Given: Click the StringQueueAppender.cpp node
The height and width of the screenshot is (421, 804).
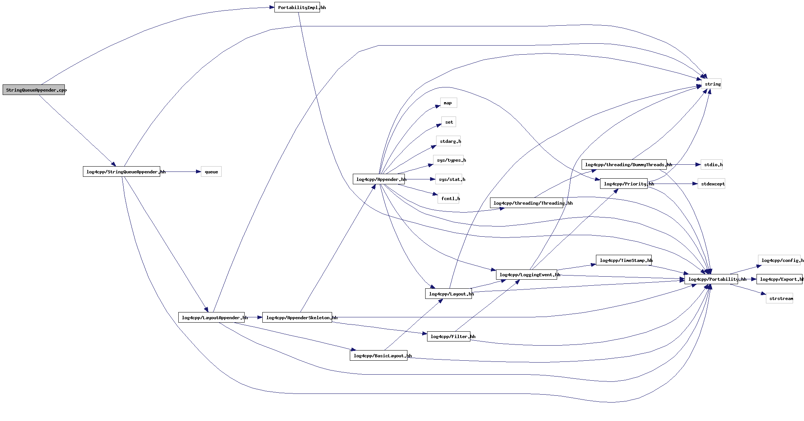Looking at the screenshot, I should tap(34, 90).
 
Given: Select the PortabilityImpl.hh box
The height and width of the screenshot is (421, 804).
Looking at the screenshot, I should tap(297, 8).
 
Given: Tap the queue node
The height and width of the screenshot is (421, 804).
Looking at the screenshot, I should tap(211, 172).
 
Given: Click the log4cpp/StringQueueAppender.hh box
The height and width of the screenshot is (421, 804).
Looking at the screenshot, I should tap(121, 172).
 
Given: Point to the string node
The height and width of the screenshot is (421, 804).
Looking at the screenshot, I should tap(712, 84).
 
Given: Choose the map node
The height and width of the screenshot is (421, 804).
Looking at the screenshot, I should tap(448, 103).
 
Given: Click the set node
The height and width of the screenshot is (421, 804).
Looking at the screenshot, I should tap(449, 122).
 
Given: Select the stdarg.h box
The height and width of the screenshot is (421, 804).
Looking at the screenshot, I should tap(448, 141).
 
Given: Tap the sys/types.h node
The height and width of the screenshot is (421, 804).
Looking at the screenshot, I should tap(449, 160).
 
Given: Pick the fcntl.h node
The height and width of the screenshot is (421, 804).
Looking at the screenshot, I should tap(448, 199).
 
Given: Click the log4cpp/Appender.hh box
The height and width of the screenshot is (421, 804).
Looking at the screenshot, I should tap(379, 179).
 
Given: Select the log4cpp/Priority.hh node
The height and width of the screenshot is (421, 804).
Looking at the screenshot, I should tap(623, 184).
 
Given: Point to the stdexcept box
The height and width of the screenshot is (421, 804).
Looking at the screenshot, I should tap(711, 184).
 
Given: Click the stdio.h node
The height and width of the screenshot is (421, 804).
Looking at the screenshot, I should tap(712, 165).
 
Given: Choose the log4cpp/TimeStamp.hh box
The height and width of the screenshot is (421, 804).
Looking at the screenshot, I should tap(623, 260).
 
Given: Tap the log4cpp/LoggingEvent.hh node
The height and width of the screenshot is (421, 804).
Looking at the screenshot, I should tap(527, 275).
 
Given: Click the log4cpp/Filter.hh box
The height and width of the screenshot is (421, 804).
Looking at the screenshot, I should tap(449, 337).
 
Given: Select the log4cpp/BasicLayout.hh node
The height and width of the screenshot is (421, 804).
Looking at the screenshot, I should tap(378, 356).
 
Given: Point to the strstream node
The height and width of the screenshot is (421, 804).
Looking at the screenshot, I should tap(779, 299).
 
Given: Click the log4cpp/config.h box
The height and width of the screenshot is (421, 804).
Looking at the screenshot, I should tap(779, 260).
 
